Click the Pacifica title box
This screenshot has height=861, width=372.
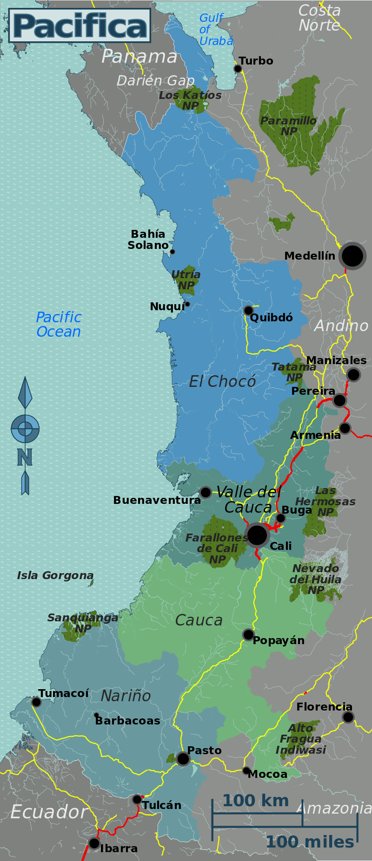point(80,26)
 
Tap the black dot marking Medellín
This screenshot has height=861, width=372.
point(352,255)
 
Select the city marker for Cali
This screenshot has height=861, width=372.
point(257,535)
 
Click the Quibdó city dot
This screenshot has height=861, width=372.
point(248,310)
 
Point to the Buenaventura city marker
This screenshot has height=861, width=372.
point(206,492)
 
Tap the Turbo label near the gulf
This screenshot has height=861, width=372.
point(255,61)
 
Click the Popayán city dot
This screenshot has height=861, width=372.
point(248,634)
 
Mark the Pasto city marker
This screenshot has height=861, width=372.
point(183,759)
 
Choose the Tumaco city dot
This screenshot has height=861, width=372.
point(36,702)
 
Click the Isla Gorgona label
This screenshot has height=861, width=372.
point(55,575)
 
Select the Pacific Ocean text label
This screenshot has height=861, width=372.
point(59,325)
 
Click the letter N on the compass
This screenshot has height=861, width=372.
point(25,457)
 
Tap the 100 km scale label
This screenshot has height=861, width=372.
point(255,801)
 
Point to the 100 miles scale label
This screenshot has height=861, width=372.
point(309,842)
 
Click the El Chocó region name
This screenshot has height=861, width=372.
point(222,382)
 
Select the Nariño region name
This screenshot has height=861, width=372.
point(126,696)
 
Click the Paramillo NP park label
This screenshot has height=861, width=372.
point(288,126)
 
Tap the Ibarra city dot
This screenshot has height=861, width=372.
point(94,843)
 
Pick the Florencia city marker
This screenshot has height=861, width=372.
point(348,717)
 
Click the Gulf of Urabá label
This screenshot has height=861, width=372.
point(216,30)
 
